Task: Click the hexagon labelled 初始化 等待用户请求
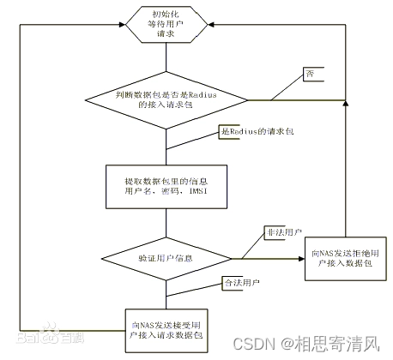click(166, 26)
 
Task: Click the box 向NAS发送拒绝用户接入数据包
click(343, 258)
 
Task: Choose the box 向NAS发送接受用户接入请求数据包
click(167, 330)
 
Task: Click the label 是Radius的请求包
click(255, 131)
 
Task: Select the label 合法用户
click(241, 281)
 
